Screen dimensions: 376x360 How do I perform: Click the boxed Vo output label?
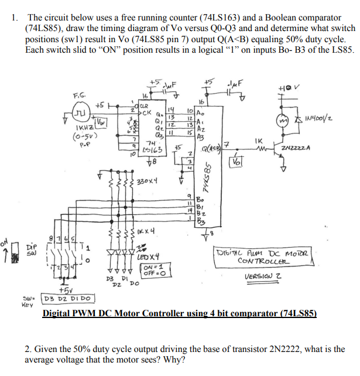pos(235,162)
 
